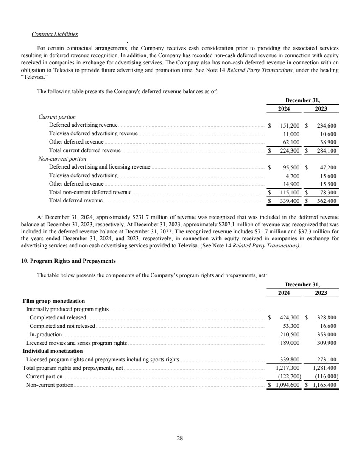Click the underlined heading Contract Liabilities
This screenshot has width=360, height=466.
(x=54, y=34)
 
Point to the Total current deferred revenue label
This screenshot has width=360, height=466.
(x=85, y=150)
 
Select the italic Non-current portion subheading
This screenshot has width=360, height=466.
(x=62, y=159)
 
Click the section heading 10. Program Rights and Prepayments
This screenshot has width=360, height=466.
(x=68, y=260)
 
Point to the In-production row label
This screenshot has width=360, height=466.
(x=45, y=334)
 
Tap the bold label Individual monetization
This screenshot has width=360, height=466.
(x=53, y=351)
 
